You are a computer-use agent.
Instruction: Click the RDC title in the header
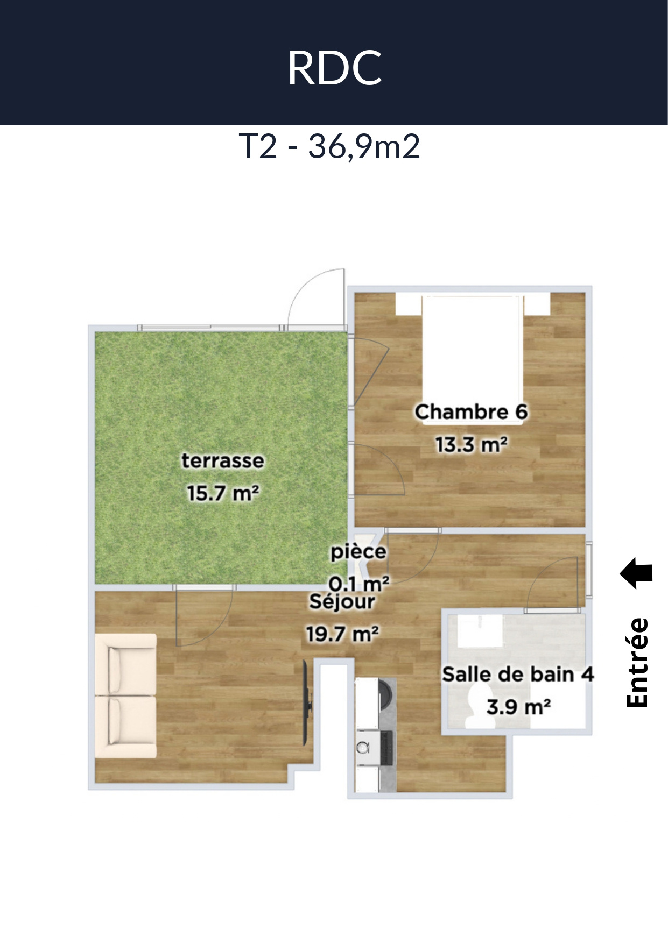pos(335,68)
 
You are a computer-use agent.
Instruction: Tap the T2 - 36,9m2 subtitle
pos(329,146)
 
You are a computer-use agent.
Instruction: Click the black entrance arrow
pos(636,573)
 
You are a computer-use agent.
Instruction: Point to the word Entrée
pos(638,663)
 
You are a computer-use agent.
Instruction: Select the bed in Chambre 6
pos(472,359)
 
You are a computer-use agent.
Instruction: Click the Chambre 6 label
pos(471,412)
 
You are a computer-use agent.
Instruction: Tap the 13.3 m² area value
pos(471,445)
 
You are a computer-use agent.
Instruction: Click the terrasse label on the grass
pos(222,460)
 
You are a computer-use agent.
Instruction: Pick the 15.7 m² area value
pos(223,493)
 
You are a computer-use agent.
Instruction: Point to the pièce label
pos(358,552)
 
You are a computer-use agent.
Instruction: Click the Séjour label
pos(342,601)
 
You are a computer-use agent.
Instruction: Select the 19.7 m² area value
pos(342,634)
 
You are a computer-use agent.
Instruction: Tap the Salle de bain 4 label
pos(518,674)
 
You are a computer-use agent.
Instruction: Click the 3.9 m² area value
pos(518,707)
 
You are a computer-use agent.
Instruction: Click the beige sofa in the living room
pos(126,696)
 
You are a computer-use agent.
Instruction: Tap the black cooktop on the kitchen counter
pos(387,748)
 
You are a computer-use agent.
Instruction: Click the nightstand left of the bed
pos(407,304)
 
